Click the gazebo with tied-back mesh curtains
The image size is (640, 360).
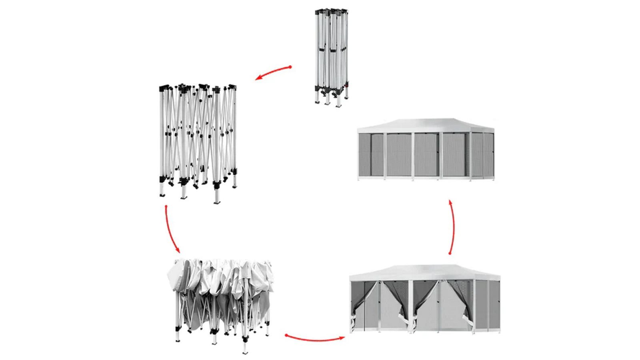tap(425, 300)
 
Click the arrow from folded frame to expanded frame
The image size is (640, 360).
tap(273, 73)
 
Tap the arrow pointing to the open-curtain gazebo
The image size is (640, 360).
tap(316, 339)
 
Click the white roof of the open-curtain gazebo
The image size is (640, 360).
tap(425, 271)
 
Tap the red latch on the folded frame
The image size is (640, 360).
tap(346, 85)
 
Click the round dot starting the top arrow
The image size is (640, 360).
tap(290, 67)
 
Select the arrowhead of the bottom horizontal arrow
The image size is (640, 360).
tap(342, 338)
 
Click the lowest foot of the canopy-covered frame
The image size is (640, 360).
tap(245, 352)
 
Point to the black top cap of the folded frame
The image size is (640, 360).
tap(331, 10)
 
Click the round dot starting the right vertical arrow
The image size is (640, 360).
tap(450, 254)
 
